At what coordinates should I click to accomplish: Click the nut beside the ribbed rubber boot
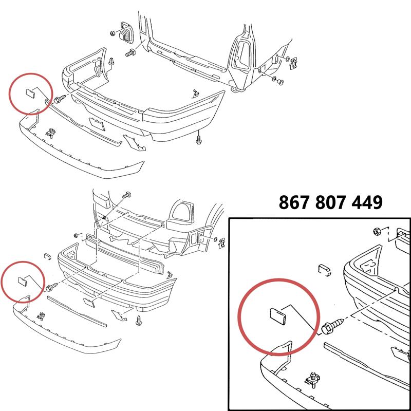[x=113, y=33]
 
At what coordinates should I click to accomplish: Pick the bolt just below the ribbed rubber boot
[x=129, y=52]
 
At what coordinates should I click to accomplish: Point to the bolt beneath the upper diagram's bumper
[x=199, y=138]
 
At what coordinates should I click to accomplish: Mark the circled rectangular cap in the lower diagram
[x=23, y=281]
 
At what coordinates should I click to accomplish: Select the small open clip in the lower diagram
[x=46, y=256]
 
